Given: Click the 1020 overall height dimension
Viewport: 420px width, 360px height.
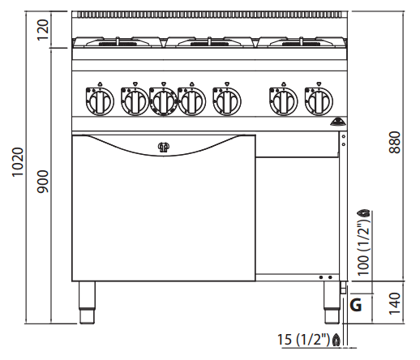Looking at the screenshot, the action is [x=18, y=162].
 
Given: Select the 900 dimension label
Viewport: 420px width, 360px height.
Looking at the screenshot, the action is [x=43, y=182].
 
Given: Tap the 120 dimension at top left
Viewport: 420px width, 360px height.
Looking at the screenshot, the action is [x=43, y=30].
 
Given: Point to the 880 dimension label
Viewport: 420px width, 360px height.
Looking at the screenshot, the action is [x=395, y=143].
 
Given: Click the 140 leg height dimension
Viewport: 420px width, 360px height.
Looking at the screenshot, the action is [x=395, y=303].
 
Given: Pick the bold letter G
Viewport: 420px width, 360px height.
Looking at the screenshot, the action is [x=356, y=305].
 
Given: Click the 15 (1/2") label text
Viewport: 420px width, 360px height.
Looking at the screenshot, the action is [x=304, y=339].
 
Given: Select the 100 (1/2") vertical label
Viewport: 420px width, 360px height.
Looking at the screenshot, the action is [x=363, y=247].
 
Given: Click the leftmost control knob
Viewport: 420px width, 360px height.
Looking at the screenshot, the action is [x=100, y=101].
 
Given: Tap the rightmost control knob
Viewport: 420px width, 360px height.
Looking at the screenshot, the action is [x=319, y=101].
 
